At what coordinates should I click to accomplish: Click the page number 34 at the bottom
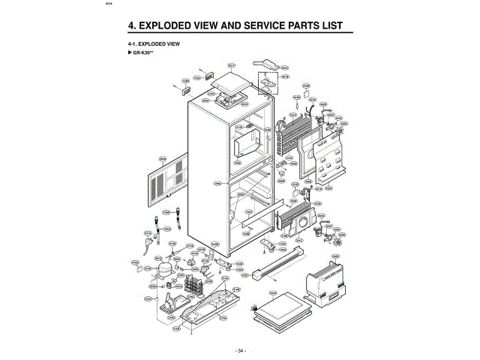(240, 350)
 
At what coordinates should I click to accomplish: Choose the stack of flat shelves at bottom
(278, 310)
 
